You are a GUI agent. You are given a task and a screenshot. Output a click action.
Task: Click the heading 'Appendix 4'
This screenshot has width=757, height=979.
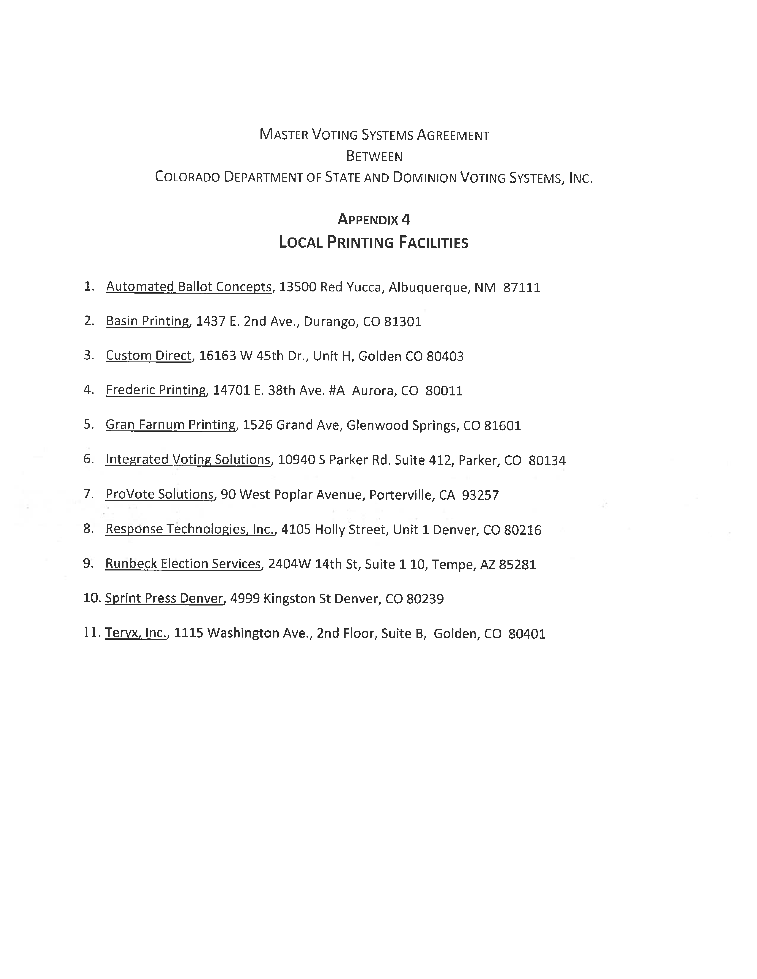374,220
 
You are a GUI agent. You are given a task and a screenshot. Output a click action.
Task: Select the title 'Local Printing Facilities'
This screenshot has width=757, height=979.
374,243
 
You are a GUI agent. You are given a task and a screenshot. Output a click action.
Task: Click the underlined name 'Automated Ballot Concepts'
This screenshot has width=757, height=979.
189,287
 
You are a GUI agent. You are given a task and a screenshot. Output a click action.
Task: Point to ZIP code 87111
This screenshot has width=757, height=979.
522,287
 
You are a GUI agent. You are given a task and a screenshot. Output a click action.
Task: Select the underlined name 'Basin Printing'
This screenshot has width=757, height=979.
147,321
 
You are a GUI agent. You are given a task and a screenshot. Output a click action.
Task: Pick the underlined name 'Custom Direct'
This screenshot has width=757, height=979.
148,356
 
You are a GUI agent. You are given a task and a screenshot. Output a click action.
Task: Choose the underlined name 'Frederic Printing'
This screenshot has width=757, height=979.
156,390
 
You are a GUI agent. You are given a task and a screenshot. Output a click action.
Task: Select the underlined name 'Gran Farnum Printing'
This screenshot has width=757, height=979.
170,425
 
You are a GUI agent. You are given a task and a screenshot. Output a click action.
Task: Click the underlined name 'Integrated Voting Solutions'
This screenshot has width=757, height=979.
188,460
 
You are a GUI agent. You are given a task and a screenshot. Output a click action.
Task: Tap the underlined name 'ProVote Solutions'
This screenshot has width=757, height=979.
159,494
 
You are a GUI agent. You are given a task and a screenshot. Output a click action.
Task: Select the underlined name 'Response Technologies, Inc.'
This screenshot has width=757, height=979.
190,529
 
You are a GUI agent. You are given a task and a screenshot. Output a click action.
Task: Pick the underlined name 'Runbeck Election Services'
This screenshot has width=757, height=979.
183,564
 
